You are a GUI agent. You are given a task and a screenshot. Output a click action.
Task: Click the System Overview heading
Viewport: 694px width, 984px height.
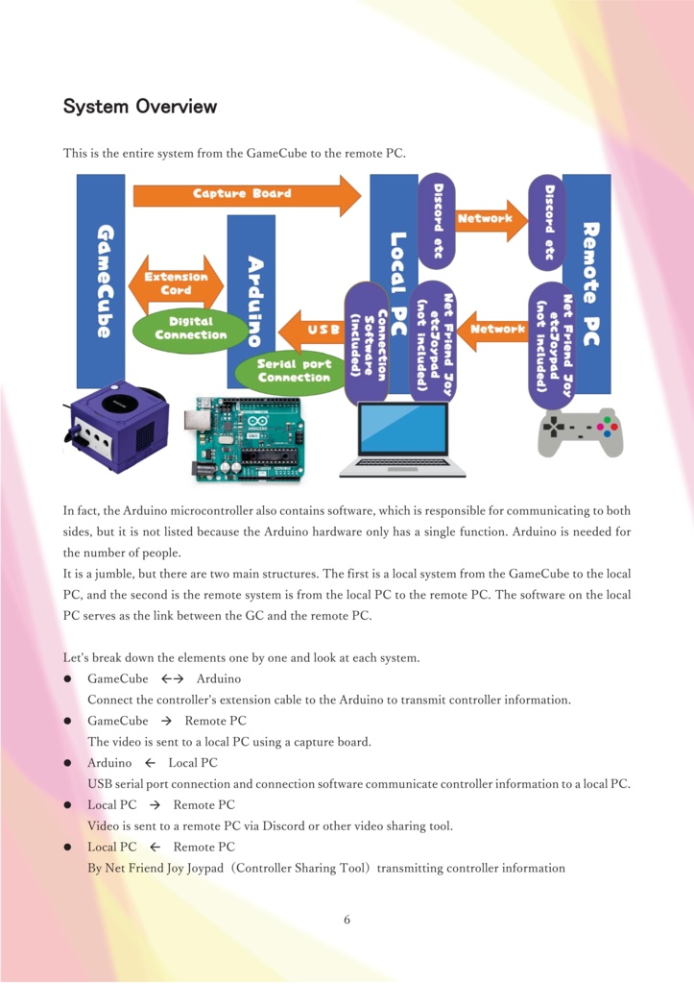(x=140, y=106)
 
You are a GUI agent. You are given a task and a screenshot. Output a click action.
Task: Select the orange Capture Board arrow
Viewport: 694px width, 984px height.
(x=245, y=194)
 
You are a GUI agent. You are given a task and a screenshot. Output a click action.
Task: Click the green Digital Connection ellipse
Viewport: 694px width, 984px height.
(x=190, y=329)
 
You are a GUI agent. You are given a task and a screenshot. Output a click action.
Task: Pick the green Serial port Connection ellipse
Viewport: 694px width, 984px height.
(x=294, y=371)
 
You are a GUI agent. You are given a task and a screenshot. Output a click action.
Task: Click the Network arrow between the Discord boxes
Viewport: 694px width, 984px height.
(x=491, y=220)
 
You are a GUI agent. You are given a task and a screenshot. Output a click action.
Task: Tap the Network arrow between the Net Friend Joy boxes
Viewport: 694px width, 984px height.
(x=491, y=330)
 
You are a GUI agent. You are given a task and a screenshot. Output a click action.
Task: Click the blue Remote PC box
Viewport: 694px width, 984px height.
(x=588, y=283)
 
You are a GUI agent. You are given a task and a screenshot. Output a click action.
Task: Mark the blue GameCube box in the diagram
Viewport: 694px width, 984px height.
(x=101, y=279)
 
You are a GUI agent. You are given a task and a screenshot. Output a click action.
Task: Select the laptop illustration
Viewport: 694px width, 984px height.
(x=402, y=439)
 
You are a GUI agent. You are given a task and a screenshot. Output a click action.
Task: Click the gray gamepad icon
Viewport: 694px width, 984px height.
(x=578, y=430)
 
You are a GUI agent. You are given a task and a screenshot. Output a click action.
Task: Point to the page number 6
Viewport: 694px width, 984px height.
(x=347, y=920)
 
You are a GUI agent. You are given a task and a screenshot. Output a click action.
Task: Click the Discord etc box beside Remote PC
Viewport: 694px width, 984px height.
(x=548, y=221)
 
